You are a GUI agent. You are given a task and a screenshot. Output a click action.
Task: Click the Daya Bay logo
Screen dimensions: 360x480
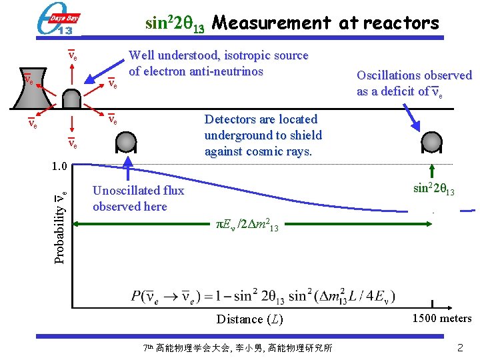pyautogui.click(x=57, y=19)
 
